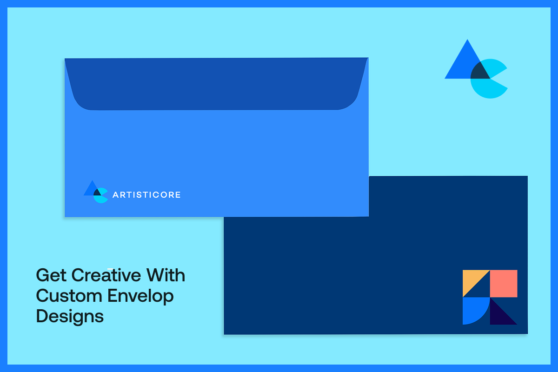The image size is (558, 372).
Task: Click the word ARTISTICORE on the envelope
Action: pyautogui.click(x=146, y=195)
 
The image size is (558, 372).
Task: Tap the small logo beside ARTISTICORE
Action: pyautogui.click(x=96, y=192)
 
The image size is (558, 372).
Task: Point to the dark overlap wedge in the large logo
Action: pyautogui.click(x=479, y=72)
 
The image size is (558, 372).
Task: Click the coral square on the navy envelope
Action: pyautogui.click(x=504, y=283)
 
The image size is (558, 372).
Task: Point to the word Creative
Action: pyautogui.click(x=106, y=275)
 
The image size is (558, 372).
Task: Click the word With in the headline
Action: pyautogui.click(x=166, y=275)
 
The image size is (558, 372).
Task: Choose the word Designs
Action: pyautogui.click(x=70, y=317)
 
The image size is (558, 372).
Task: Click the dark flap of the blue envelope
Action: pyautogui.click(x=216, y=84)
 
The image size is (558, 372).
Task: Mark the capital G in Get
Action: pyautogui.click(x=42, y=275)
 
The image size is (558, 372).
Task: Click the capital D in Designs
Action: pyautogui.click(x=42, y=316)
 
